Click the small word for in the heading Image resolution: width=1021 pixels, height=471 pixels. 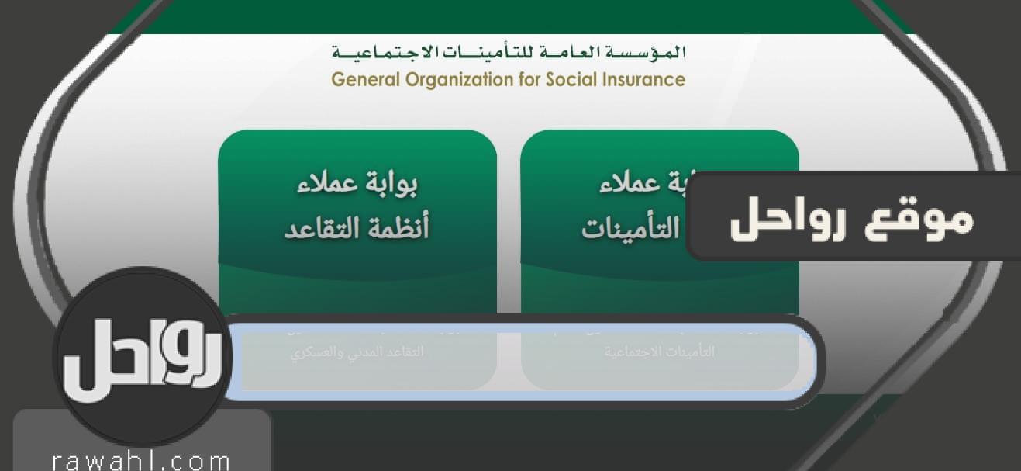click(x=526, y=79)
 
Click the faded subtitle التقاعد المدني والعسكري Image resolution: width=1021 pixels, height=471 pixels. click(x=357, y=352)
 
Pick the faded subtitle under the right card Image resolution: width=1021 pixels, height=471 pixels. click(x=660, y=352)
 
